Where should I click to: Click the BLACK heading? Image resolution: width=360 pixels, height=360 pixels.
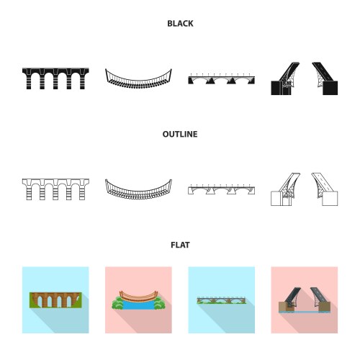tap(180, 24)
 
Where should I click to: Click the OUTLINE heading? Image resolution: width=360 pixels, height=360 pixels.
tap(180, 134)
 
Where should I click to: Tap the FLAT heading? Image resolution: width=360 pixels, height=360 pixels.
tap(180, 245)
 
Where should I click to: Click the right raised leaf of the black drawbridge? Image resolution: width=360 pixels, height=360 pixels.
tap(321, 72)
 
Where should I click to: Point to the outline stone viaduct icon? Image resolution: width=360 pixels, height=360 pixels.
tap(55, 189)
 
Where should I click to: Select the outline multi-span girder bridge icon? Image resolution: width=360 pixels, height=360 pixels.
tap(221, 189)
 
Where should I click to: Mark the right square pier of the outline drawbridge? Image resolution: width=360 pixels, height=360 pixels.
tap(330, 199)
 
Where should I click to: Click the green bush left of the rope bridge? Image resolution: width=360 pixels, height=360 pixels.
tap(117, 302)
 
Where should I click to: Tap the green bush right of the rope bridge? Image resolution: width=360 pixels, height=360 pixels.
tap(159, 303)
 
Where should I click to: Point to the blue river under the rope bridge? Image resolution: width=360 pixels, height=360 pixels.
tap(138, 305)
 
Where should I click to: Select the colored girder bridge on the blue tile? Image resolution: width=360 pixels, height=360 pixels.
tap(221, 300)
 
